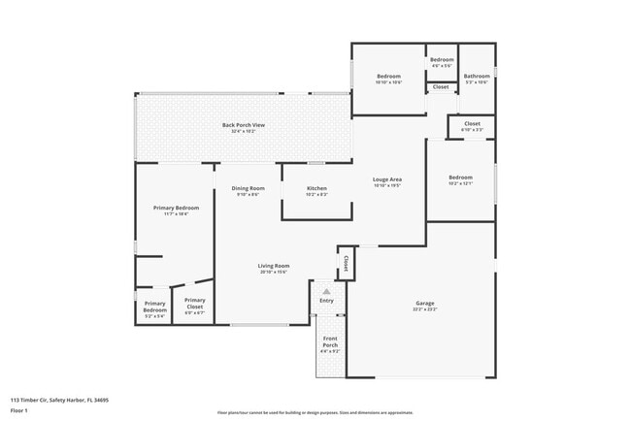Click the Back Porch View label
pos(243,125)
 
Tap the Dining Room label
pos(248,188)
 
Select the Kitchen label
pos(316,188)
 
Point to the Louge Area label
pos(387,179)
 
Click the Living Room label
pos(274,266)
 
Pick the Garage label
pos(425,304)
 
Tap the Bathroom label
pos(476,77)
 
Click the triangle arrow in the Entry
pos(326,290)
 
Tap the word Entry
pos(326,301)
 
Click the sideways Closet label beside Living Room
pos(345,262)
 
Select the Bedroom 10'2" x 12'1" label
pos(460,178)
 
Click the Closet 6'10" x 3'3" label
pos(472,124)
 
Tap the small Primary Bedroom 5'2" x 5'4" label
pos(155,310)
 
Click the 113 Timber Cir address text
pos(59,399)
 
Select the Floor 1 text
pos(20,410)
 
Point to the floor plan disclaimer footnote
pos(315,411)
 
